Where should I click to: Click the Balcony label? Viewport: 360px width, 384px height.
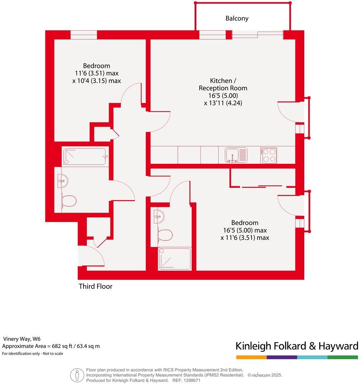coord(237,19)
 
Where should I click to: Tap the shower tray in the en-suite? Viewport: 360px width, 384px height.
coord(174,259)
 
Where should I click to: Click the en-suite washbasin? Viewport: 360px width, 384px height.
coord(160,216)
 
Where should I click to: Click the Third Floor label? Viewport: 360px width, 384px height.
coord(95,286)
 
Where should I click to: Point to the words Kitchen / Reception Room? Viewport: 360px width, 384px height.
coord(223,84)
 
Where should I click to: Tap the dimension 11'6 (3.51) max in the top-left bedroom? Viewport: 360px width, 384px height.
coord(96,73)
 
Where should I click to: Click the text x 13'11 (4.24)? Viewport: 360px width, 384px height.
coord(223,103)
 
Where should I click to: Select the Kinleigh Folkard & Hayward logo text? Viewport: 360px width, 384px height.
coord(297,346)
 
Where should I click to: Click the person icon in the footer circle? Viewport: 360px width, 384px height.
coord(77,375)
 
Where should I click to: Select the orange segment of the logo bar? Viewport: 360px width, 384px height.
coord(251,357)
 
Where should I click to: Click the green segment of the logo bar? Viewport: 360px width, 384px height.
coord(343,357)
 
